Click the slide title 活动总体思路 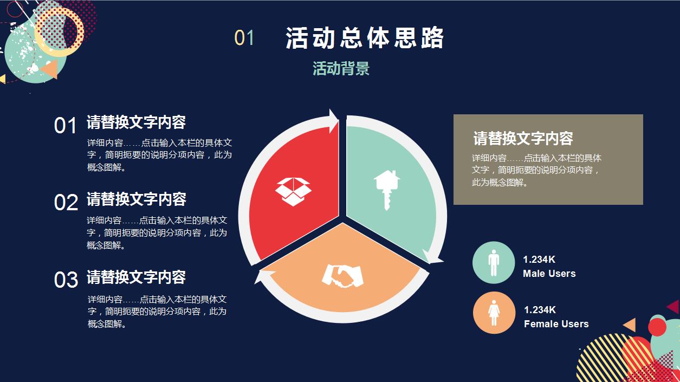[x=365, y=38]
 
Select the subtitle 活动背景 [x=341, y=69]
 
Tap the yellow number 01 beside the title [x=244, y=38]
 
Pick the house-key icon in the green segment [x=387, y=189]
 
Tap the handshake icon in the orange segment [x=342, y=275]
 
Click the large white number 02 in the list [x=66, y=203]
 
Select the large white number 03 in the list [x=66, y=280]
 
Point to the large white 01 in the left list [x=66, y=126]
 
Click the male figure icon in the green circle [x=494, y=263]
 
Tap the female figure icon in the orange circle [x=494, y=313]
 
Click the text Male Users [x=549, y=274]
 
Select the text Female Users [x=556, y=324]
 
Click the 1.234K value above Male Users [x=539, y=260]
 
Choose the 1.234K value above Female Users [x=540, y=310]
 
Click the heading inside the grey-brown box [x=523, y=139]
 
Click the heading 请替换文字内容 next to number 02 [x=137, y=199]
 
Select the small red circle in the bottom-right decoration [x=657, y=327]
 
